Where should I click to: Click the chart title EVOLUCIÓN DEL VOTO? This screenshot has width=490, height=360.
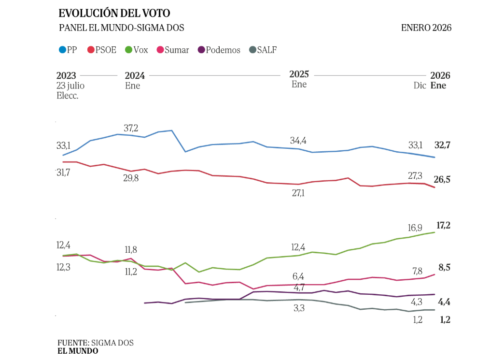click(x=114, y=14)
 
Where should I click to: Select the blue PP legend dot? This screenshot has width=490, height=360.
click(x=62, y=49)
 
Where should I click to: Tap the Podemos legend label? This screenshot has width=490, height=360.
click(x=223, y=50)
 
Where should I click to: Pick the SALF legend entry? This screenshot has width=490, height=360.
click(x=263, y=50)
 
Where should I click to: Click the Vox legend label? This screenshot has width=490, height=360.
click(x=140, y=50)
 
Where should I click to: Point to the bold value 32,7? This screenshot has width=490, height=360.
click(x=442, y=145)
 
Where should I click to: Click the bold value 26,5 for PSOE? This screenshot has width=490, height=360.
click(x=442, y=180)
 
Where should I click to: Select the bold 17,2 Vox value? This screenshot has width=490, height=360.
click(x=442, y=225)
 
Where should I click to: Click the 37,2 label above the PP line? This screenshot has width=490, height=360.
click(x=131, y=128)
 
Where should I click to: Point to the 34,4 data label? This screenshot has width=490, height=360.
click(x=298, y=141)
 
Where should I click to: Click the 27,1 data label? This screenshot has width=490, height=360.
click(x=298, y=193)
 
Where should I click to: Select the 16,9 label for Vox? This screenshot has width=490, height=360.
click(x=415, y=228)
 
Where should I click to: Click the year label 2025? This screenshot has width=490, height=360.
click(x=299, y=74)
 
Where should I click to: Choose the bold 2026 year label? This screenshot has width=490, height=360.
click(x=440, y=76)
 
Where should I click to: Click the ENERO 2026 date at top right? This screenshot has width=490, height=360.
click(x=426, y=28)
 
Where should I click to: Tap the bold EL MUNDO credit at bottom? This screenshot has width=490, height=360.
click(x=78, y=351)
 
